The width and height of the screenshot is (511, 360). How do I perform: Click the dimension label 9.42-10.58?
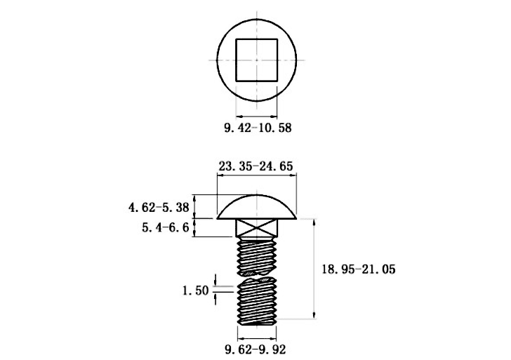[x=258, y=128]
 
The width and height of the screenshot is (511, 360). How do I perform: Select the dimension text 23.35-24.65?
[x=255, y=166]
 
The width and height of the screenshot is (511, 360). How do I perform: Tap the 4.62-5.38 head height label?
[x=159, y=207]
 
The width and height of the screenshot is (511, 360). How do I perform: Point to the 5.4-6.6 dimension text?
[x=165, y=227]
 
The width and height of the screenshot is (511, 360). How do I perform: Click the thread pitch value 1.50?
[x=195, y=291]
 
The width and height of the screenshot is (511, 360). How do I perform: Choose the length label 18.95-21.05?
[x=359, y=269]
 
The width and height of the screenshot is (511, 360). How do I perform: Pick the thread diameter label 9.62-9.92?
[x=255, y=349]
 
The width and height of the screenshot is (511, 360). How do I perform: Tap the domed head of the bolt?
[x=257, y=207]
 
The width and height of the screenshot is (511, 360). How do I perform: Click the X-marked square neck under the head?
[x=257, y=228]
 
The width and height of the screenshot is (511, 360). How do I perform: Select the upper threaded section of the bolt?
[x=257, y=255]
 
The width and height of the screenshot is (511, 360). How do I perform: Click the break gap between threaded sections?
[x=257, y=276]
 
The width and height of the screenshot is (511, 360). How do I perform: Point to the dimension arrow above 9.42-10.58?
[x=256, y=116]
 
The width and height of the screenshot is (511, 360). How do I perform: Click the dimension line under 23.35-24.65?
[x=257, y=175]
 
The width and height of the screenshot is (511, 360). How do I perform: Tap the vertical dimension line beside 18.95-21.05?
[x=314, y=269]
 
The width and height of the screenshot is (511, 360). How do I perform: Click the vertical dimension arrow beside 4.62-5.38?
[x=194, y=206]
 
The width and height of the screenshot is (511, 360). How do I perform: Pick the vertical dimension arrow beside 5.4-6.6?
[x=194, y=228]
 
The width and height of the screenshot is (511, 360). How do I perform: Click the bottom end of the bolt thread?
[x=257, y=324]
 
